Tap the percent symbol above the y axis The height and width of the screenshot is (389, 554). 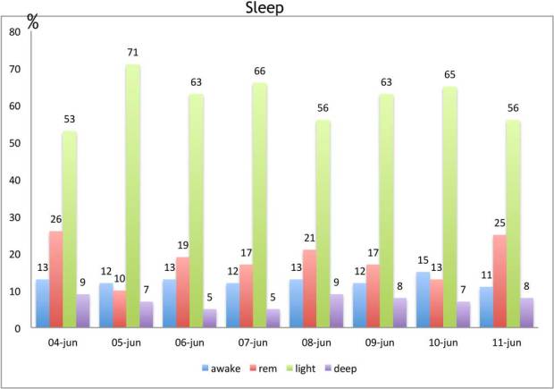coord(33,22)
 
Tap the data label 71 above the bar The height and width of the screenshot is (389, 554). coord(133,53)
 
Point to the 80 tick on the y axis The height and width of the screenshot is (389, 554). coord(14,31)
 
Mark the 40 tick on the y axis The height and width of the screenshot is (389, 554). coord(14,180)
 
